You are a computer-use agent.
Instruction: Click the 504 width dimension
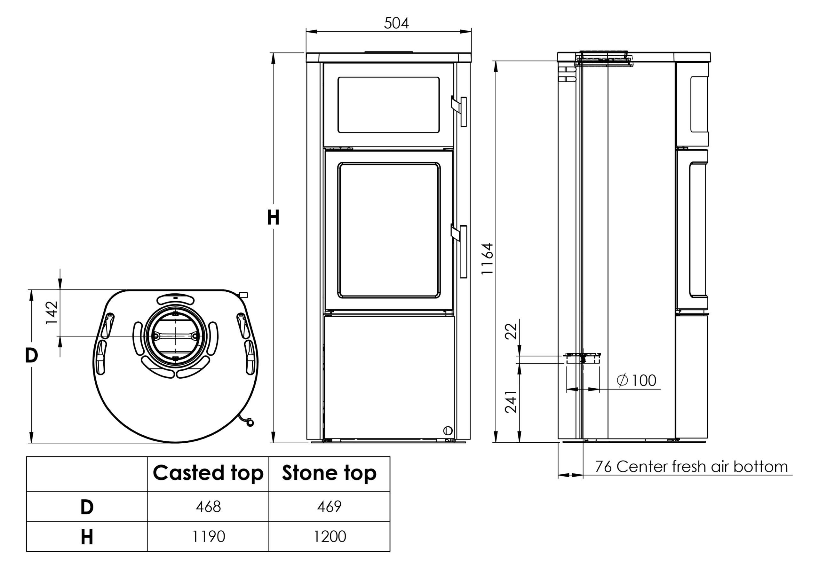(x=396, y=23)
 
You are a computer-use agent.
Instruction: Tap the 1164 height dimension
(x=487, y=259)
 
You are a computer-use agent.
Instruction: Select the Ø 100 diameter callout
(x=636, y=380)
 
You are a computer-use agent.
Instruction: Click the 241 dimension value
(x=511, y=402)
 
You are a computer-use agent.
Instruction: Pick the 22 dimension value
(x=511, y=331)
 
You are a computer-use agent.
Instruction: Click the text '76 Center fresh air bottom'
(x=691, y=466)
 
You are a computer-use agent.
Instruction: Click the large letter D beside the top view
(x=31, y=355)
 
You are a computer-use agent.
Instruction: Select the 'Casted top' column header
(x=208, y=473)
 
